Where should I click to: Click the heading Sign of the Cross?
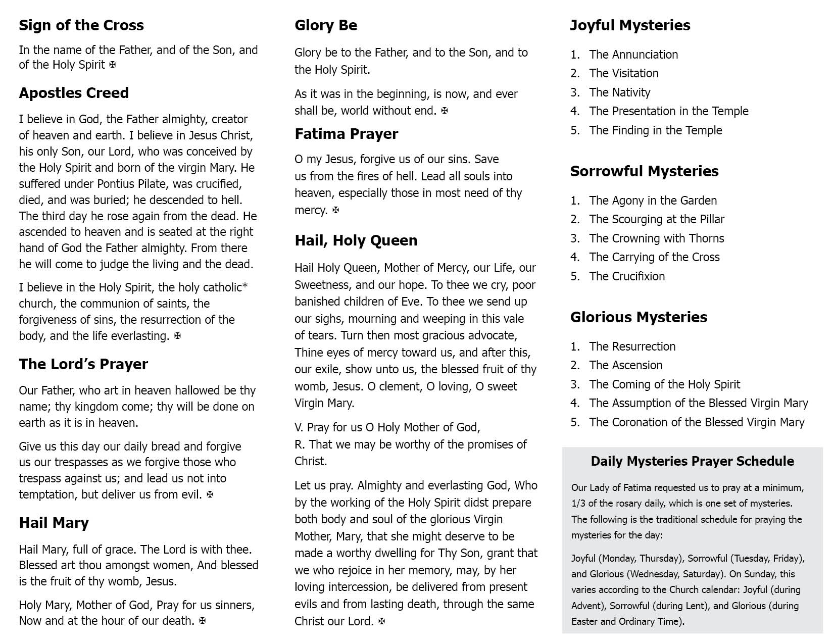81,25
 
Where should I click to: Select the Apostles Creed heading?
74,93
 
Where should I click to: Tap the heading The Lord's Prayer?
83,364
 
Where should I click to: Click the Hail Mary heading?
54,523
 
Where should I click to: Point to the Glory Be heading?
326,25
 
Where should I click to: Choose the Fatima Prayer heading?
347,134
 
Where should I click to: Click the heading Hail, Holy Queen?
356,240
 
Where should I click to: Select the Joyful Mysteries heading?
630,25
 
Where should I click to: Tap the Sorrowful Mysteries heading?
644,171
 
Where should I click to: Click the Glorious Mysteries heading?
639,317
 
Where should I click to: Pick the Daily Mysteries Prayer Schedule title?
692,461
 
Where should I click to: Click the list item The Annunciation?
633,55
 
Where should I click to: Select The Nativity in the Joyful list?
620,92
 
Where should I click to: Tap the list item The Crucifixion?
627,276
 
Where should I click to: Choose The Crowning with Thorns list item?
656,238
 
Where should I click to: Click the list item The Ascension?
625,365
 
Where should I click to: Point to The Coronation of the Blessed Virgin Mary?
697,422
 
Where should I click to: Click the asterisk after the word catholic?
245,286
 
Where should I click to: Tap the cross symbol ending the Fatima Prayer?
336,210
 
